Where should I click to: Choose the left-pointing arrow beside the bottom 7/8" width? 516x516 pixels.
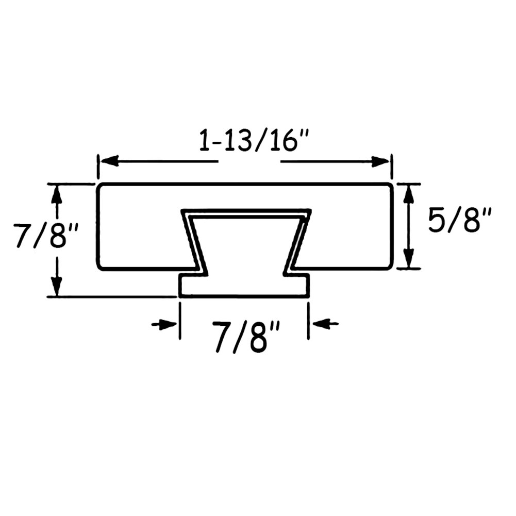322,324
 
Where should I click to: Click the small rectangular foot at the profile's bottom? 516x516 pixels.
244,286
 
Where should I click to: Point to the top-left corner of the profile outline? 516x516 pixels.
99,185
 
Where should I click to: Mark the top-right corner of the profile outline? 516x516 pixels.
391,185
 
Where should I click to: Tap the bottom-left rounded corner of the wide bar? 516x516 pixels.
99,267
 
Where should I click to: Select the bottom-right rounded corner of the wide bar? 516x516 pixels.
391,267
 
